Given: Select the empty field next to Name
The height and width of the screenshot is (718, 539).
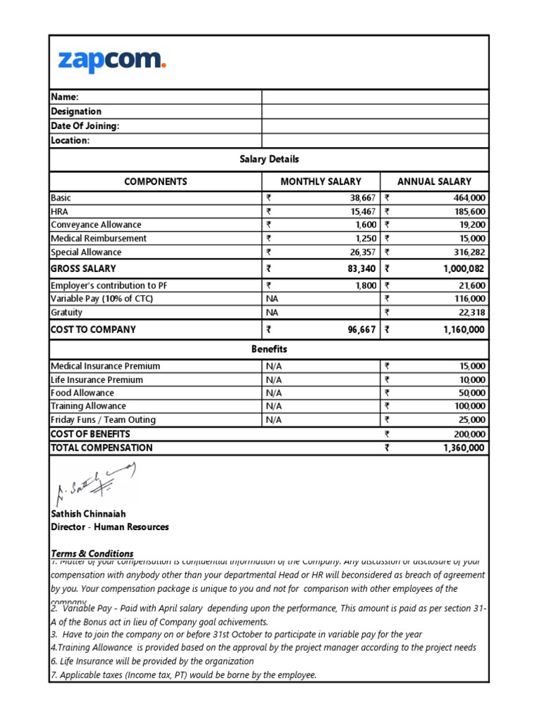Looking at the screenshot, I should (375, 97).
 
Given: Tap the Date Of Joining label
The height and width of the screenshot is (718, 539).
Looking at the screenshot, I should (85, 126).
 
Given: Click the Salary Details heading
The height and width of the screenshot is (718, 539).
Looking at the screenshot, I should (269, 160).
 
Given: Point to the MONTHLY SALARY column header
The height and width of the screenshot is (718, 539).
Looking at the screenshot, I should (321, 182).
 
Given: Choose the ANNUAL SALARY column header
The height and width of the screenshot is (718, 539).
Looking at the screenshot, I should (434, 182).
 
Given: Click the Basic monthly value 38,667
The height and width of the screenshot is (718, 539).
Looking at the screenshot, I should (361, 198).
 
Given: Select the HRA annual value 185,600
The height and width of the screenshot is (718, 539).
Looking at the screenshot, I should (470, 212).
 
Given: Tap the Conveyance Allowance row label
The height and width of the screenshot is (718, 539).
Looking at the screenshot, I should (95, 225).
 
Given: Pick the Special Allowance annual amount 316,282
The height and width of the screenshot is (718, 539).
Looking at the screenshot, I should (470, 252).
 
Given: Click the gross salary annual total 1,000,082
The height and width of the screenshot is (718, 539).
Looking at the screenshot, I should (464, 269).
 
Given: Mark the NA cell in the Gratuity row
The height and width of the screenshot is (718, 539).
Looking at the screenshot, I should (272, 313).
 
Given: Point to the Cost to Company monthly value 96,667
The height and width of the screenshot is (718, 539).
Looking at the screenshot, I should (361, 330).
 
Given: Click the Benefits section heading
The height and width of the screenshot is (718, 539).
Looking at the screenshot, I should (269, 349).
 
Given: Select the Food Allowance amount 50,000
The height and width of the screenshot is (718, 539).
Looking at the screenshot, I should (472, 393).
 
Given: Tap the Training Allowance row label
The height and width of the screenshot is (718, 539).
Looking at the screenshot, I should (88, 407).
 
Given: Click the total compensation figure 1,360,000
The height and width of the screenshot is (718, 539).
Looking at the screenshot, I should (464, 448).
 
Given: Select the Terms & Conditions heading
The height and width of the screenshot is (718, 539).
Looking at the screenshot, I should (92, 553).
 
